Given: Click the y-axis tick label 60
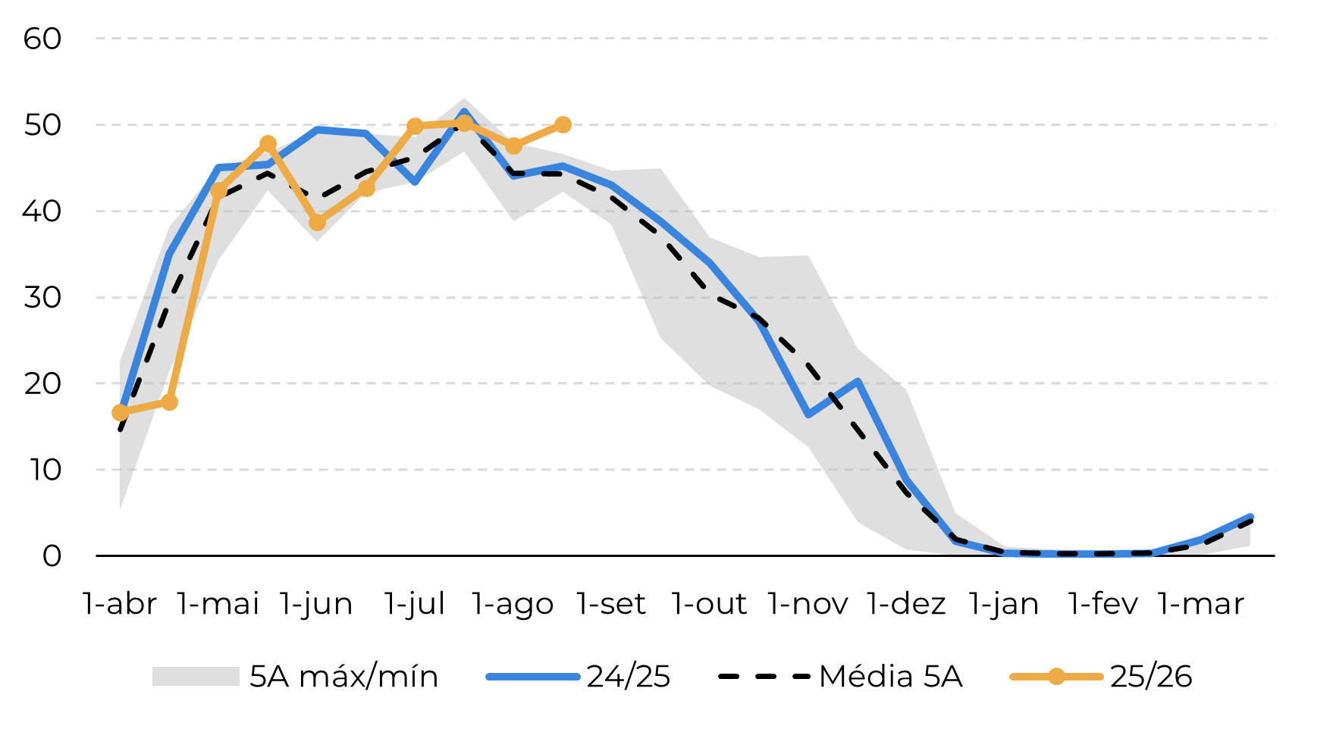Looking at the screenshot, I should click(x=42, y=39).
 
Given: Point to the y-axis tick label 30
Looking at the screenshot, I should click(x=42, y=298).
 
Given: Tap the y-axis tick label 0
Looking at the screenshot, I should click(x=52, y=556).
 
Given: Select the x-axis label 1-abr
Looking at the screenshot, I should click(x=120, y=604).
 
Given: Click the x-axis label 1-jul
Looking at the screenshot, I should click(x=415, y=604).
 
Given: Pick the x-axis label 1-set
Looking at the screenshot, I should click(x=611, y=604).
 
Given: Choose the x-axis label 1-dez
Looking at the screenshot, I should click(x=906, y=604).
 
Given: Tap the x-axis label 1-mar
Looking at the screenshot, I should click(x=1201, y=604).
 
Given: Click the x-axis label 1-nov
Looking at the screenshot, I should click(x=808, y=604).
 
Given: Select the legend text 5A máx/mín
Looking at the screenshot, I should click(x=344, y=677).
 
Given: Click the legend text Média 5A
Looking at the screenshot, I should click(x=891, y=677).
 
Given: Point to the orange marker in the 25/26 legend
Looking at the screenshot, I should click(x=1056, y=677).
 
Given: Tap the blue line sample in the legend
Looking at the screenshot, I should click(x=533, y=677).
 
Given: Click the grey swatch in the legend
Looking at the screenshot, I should click(x=196, y=677).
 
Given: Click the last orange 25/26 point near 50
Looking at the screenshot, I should click(x=563, y=125).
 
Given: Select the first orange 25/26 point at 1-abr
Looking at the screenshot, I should click(x=120, y=412).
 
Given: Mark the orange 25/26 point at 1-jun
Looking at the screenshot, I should click(x=317, y=223).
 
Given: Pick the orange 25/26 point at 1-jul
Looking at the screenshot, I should click(x=415, y=127).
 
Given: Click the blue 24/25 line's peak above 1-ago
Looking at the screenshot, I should click(x=464, y=113).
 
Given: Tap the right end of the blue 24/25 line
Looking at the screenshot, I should click(x=1250, y=518).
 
